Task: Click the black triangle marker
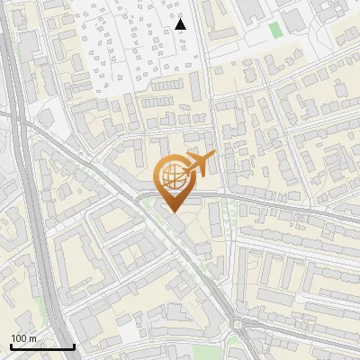(181, 23)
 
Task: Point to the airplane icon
(199, 165)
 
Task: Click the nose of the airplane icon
(213, 157)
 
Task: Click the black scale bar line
(42, 347)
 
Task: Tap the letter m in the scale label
(33, 338)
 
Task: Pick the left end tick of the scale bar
(11, 346)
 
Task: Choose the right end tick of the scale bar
(74, 346)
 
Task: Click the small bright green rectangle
(274, 30)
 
